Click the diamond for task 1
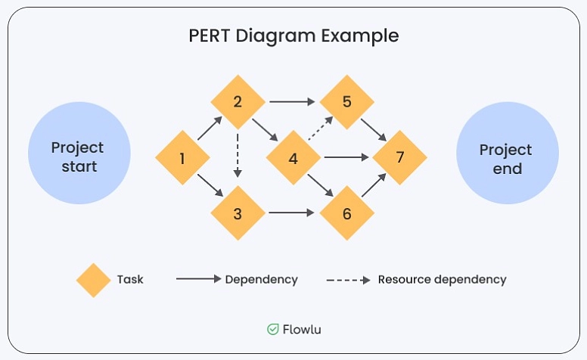(182, 158)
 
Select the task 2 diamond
(238, 102)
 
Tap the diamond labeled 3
(238, 213)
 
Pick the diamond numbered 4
(293, 158)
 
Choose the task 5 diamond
(347, 101)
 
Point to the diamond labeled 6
(347, 213)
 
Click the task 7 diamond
(399, 158)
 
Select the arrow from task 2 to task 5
(291, 101)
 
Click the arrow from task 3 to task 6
(291, 213)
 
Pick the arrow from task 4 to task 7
(346, 158)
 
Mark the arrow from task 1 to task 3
(210, 186)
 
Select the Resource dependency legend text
(442, 280)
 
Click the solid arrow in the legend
(198, 280)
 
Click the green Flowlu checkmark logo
(273, 329)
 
